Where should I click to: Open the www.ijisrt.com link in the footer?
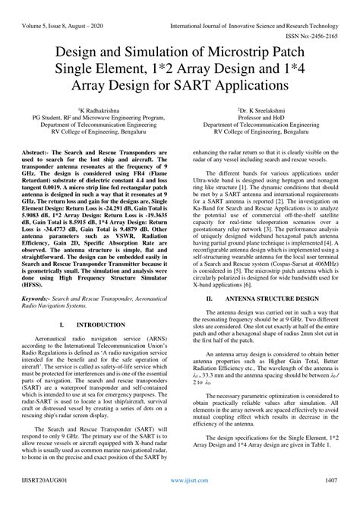pyautogui.click(x=179, y=502)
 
